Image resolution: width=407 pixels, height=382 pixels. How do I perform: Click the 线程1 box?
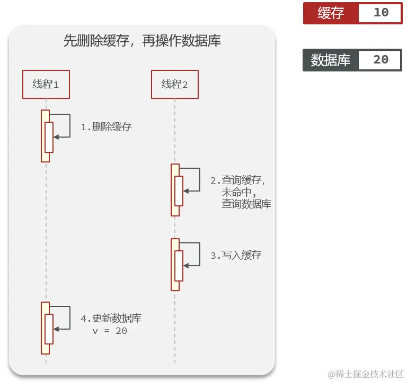pos(46,84)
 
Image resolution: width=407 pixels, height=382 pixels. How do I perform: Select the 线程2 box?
pos(174,84)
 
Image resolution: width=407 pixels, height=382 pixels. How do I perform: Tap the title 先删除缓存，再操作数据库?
pos(142,41)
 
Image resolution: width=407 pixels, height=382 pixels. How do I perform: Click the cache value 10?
pos(381,13)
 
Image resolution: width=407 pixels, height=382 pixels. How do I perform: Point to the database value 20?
pos(381,60)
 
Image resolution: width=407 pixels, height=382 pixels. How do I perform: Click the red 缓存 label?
pos(331,13)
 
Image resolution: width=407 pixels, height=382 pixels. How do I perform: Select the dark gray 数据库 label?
pos(331,60)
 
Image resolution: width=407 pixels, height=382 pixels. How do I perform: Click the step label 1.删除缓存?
pos(106,127)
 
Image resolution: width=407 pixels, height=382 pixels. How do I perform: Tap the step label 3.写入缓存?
pos(236,256)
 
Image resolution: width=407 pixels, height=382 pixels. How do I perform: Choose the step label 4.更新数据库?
pos(111,319)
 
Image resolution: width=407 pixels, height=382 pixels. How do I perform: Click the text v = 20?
pos(110,331)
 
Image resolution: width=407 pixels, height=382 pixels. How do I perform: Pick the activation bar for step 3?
pos(175,265)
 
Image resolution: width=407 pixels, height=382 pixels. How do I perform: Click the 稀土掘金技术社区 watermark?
pos(366,374)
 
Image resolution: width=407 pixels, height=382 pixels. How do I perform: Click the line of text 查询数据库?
pos(246,204)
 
